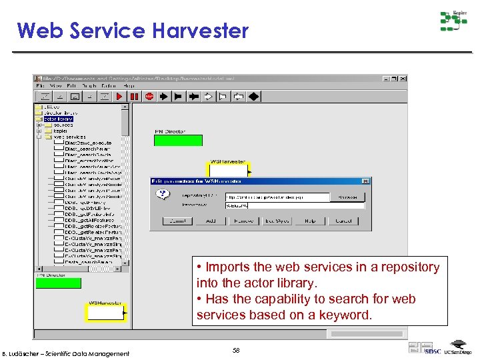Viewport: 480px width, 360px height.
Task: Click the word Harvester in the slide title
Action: pyautogui.click(x=199, y=31)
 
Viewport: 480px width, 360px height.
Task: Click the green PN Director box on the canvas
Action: pyautogui.click(x=178, y=140)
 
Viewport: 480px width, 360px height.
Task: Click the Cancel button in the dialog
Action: pyautogui.click(x=343, y=221)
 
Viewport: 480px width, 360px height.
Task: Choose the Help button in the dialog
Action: pyautogui.click(x=310, y=221)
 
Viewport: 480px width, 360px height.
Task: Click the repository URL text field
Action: pyautogui.click(x=277, y=197)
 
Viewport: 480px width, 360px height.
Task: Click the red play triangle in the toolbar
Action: pyautogui.click(x=120, y=97)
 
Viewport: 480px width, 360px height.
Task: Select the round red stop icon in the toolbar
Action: pyautogui.click(x=149, y=97)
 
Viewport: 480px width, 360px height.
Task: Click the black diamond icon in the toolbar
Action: pyautogui.click(x=253, y=97)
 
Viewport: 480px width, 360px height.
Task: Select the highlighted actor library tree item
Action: pyautogui.click(x=58, y=119)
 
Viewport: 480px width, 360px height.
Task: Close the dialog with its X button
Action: pyautogui.click(x=365, y=181)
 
